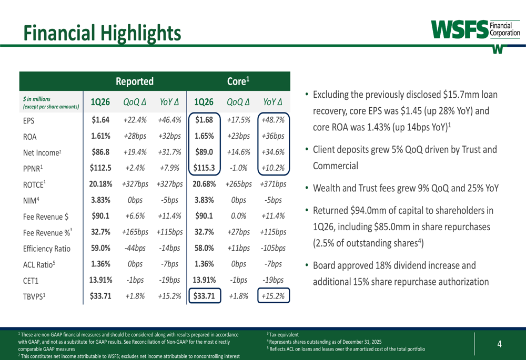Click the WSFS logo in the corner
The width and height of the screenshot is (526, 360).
coord(476,30)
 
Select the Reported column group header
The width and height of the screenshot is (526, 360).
coord(134,81)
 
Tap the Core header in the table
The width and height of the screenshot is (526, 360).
coord(238,81)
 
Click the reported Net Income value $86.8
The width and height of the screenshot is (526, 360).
coord(100,152)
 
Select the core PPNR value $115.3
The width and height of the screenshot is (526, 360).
coord(204,168)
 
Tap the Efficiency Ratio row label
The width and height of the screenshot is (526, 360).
coord(46,249)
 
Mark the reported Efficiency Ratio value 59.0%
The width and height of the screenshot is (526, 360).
coord(100,248)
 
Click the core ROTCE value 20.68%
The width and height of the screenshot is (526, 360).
coord(204,184)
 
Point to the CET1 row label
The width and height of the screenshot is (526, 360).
coord(32,280)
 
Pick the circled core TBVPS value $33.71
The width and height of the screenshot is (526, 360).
coord(204,296)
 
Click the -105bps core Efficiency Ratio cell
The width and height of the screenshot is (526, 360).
coord(272,248)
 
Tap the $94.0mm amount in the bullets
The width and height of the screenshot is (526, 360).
coord(369,211)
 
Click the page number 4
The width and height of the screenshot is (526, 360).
coord(499,344)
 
